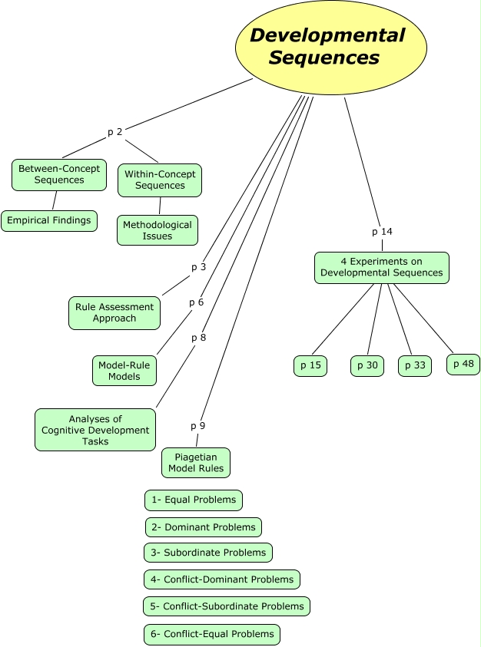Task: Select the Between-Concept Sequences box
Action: coord(59,174)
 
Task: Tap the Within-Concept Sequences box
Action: coord(160,180)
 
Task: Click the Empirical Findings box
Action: coord(49,220)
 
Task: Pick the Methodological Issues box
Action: coord(158,230)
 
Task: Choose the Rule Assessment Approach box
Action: coord(114,312)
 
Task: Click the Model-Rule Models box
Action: coord(124,371)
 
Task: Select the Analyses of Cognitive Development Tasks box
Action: coord(95,430)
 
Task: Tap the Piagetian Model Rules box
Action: coord(196,463)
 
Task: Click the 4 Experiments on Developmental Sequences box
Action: coord(382,267)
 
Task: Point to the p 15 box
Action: coord(310,365)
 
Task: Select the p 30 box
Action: coord(367,366)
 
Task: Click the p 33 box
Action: coord(415,366)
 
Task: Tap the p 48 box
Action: coord(463,364)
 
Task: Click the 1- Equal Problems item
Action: coord(194,500)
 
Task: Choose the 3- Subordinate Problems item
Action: coord(208,552)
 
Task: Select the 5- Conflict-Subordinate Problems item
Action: coord(227,606)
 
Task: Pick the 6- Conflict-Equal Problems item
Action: coord(212,634)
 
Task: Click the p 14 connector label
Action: coord(382,231)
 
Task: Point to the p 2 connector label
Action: coord(114,132)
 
